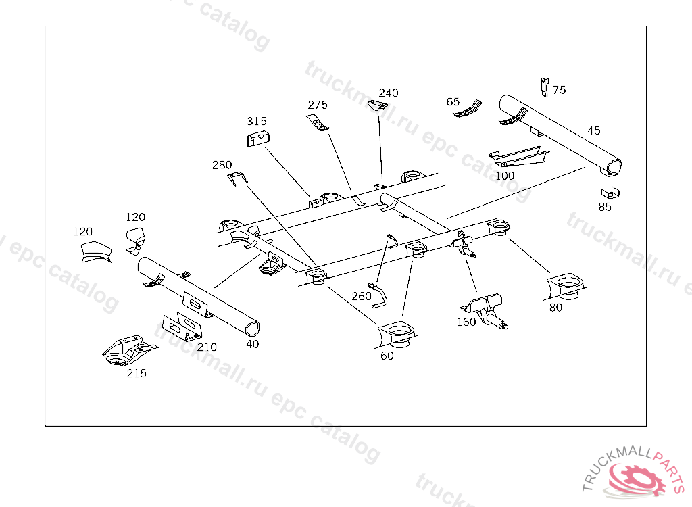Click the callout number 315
[256, 122]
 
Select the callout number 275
[318, 105]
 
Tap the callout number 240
[389, 93]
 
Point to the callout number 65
[453, 102]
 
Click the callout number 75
[559, 90]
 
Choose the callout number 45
[593, 130]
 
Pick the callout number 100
[505, 176]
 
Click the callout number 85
[605, 207]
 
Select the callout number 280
[222, 165]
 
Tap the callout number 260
[362, 296]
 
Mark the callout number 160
[466, 322]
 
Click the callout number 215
[137, 373]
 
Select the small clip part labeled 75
[544, 87]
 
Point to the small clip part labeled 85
[610, 192]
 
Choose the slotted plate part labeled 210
[183, 327]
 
